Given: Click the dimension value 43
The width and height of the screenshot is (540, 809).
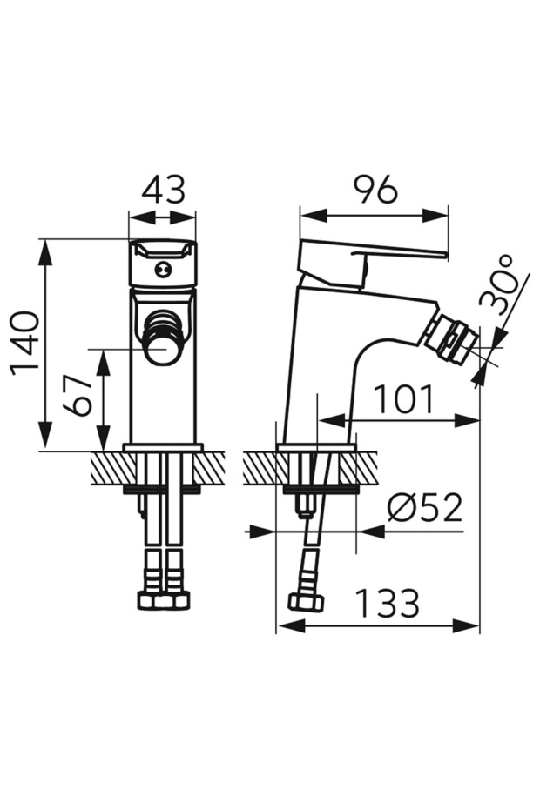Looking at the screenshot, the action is pos(163,190).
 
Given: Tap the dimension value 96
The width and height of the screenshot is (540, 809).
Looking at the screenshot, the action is pos(375,190).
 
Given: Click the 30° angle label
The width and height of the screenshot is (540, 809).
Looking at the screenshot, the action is pos(499,285).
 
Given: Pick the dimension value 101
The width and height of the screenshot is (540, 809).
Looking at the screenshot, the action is pos(403,400).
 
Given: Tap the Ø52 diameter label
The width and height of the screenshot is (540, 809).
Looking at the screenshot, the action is pos(424,508).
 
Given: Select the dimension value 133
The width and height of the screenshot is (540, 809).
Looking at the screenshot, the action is pos(388,603).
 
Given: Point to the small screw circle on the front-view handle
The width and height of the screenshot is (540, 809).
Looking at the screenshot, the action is pos(163,268).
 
